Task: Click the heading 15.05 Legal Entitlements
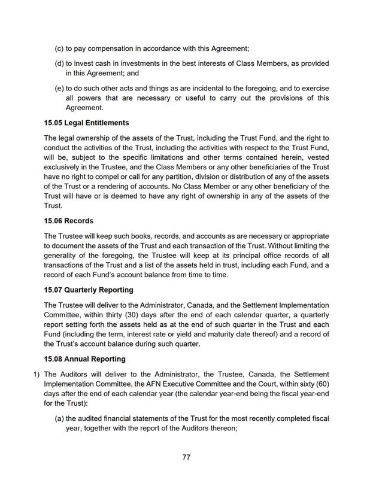(x=86, y=123)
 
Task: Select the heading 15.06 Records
(x=69, y=221)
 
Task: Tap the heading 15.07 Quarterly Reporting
(x=89, y=290)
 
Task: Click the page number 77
(x=186, y=457)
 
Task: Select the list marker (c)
(x=59, y=47)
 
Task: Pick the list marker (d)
(x=59, y=63)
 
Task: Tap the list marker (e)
(x=59, y=88)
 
